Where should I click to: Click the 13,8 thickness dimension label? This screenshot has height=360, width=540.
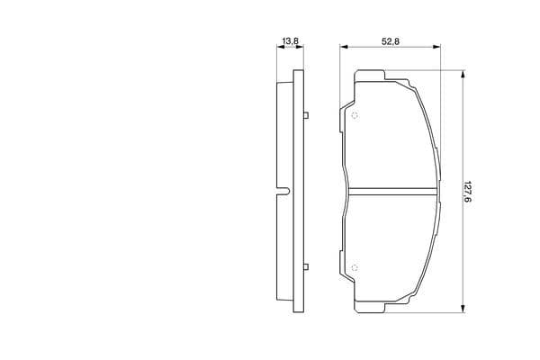[291, 41]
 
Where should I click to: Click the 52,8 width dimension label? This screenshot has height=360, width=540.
[391, 41]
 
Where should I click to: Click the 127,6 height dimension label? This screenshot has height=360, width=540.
[467, 192]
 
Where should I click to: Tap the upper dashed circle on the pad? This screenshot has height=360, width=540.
[355, 116]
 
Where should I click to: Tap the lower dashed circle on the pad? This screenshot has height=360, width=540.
[355, 267]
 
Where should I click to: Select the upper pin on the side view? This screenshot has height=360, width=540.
[306, 115]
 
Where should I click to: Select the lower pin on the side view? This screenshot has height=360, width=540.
[306, 266]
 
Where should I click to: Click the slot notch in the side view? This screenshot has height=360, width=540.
[283, 192]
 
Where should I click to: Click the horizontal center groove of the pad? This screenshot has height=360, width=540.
[393, 192]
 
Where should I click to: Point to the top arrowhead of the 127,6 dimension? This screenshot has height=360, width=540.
[463, 74]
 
